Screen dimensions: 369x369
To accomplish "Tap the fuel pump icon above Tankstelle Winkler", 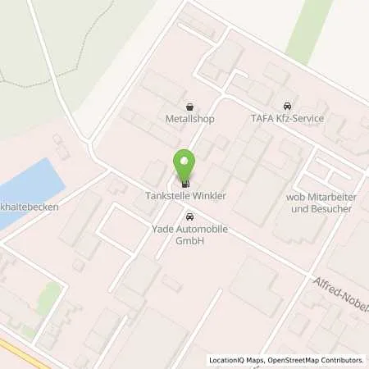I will coord(185,183).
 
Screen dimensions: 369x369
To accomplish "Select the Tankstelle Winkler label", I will coord(185,196).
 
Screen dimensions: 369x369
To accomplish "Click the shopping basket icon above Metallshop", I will coord(190,107).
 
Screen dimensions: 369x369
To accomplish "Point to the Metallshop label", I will coord(190,119).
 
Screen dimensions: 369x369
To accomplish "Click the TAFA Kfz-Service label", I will coord(286,119).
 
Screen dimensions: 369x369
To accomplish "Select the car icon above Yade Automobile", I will coord(190,217).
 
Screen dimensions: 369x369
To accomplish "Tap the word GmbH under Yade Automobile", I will coord(190,242).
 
